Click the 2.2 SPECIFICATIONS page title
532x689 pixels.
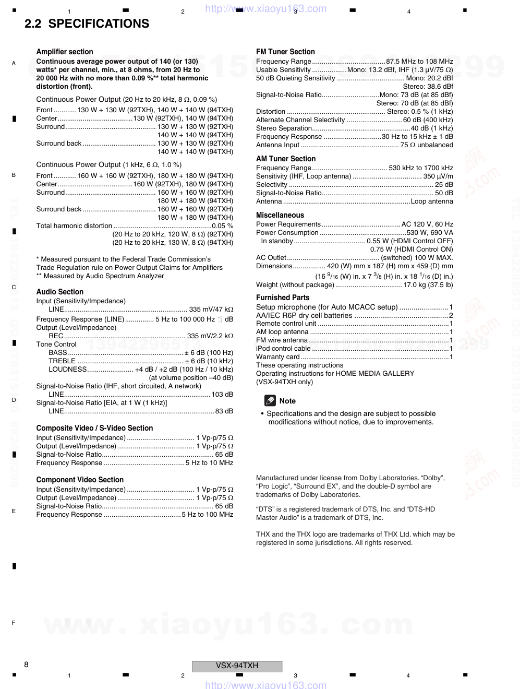87,23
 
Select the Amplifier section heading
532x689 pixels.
65,52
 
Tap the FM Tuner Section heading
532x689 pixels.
285,52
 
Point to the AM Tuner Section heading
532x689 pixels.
286,159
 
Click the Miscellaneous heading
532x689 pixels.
280,215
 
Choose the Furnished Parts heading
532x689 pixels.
283,298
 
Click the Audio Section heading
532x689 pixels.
60,292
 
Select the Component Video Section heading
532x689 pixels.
80,480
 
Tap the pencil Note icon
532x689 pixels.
270,401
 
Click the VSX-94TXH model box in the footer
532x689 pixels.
237,666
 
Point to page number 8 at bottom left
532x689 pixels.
26,664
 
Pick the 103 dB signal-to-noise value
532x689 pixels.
222,395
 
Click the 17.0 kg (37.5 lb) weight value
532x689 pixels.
428,285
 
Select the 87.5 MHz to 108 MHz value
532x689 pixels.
419,62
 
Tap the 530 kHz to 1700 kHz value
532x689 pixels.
421,168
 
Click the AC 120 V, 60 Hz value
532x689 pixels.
427,224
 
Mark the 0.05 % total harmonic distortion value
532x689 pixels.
223,226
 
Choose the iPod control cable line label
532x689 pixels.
283,349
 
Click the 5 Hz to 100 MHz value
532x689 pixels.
208,515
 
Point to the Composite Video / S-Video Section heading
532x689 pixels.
94,428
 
